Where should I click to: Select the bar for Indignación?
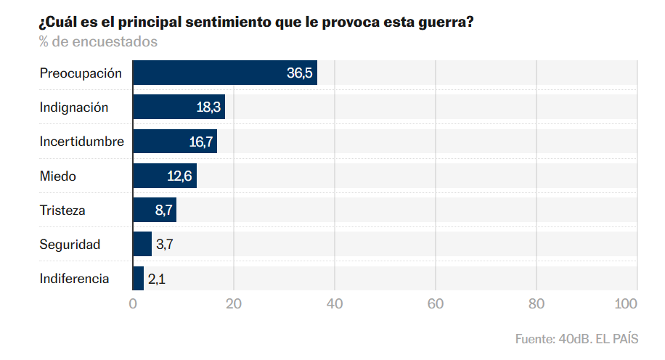pyautogui.click(x=179, y=107)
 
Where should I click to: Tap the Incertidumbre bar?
pyautogui.click(x=174, y=142)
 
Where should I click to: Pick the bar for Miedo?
pyautogui.click(x=164, y=176)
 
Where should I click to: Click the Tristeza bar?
pyautogui.click(x=154, y=210)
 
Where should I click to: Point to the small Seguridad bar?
pyautogui.click(x=142, y=245)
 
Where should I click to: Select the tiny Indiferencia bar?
pyautogui.click(x=138, y=279)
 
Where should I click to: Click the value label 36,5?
pyautogui.click(x=299, y=73)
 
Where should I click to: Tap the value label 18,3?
pyautogui.click(x=208, y=107)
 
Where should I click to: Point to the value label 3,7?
pyautogui.click(x=164, y=245)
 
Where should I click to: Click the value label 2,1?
pyautogui.click(x=156, y=279)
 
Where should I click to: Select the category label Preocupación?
pyautogui.click(x=81, y=73)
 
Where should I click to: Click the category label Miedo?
pyautogui.click(x=57, y=176)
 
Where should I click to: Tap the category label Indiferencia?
pyautogui.click(x=74, y=279)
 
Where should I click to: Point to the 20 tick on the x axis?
pyautogui.click(x=234, y=304)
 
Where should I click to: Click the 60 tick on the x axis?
pyautogui.click(x=435, y=304)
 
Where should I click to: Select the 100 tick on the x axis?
pyautogui.click(x=625, y=304)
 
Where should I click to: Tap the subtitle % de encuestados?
pyautogui.click(x=98, y=42)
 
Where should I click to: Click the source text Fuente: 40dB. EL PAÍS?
pyautogui.click(x=576, y=339)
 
